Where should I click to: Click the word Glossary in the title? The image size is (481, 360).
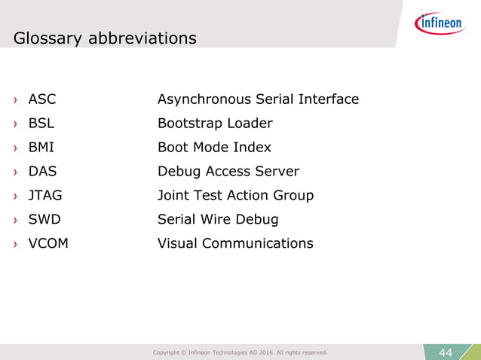[49, 38]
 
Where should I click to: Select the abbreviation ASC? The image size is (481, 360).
[42, 99]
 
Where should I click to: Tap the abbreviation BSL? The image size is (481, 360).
[41, 124]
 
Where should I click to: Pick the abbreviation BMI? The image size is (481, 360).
[41, 148]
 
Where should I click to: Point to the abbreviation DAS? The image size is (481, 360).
[42, 172]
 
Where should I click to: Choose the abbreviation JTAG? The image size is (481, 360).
[45, 196]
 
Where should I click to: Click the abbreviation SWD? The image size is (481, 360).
[44, 220]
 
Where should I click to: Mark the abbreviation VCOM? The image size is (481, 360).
[48, 244]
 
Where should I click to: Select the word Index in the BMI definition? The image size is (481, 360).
[252, 148]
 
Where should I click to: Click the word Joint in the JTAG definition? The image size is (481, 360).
[174, 196]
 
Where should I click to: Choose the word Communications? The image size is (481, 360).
[256, 244]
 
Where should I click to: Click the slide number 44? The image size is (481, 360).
[445, 352]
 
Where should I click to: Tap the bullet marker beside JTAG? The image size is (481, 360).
[14, 197]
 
